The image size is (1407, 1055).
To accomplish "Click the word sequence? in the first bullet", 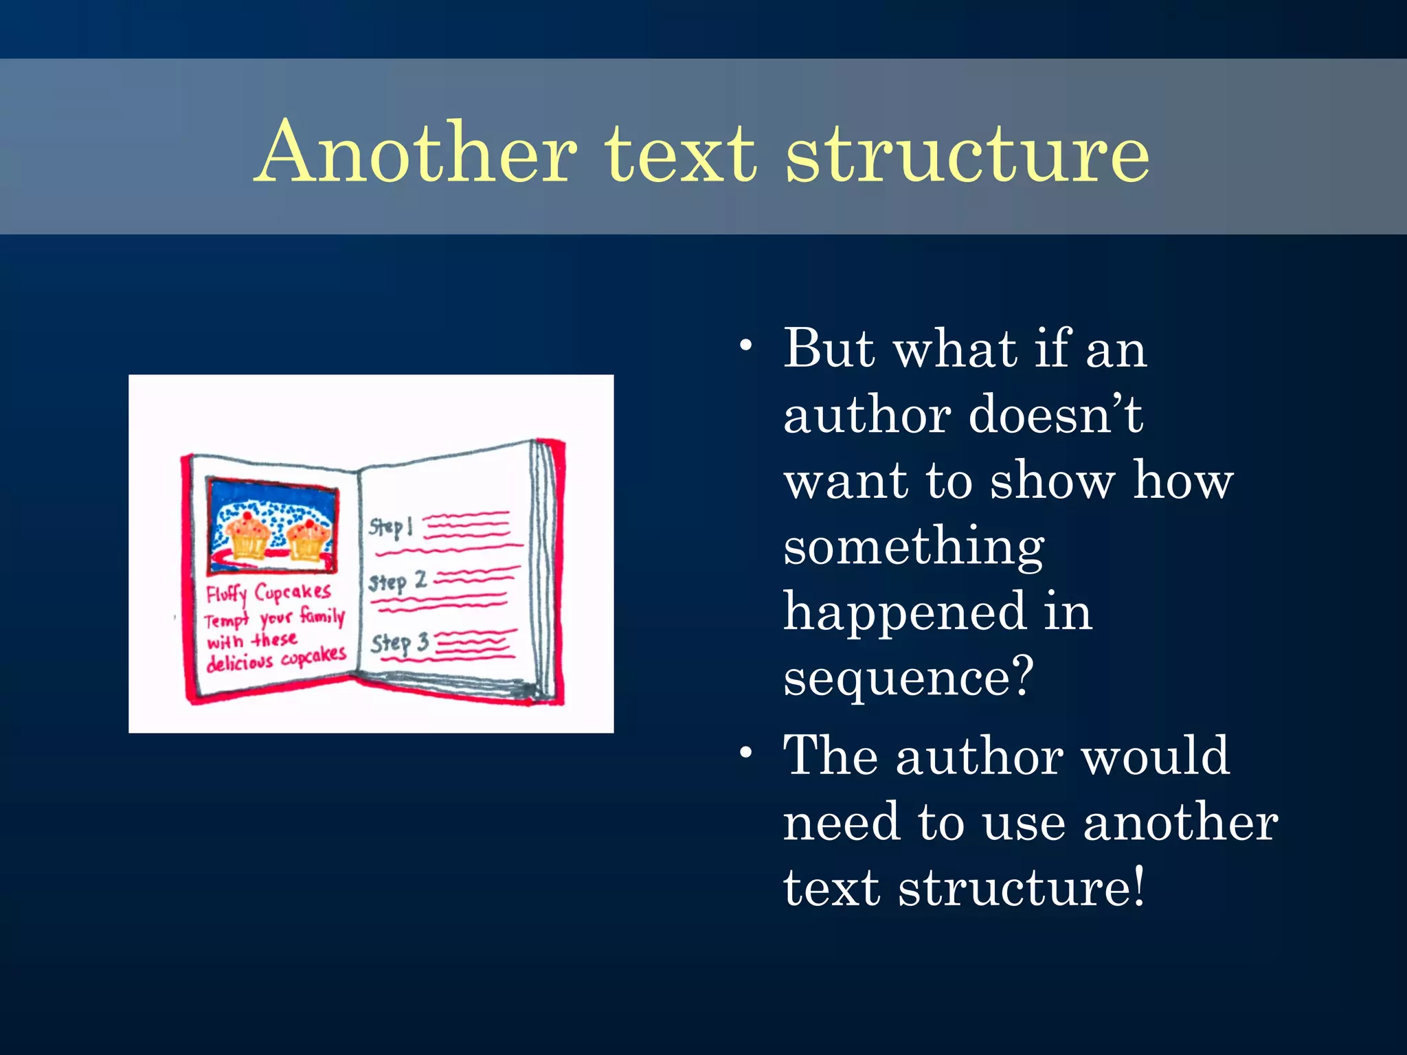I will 908,677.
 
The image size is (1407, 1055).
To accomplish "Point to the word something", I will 914,548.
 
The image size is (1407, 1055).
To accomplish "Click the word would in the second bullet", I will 1156,756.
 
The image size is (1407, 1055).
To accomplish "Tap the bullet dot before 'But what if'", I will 746,345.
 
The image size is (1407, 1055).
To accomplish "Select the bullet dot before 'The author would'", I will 746,753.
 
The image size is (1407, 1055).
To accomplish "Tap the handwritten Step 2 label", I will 397,582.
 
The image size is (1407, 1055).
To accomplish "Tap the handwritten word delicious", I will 240,662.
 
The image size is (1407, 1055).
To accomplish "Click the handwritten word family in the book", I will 322,615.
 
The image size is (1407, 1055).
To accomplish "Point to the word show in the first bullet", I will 1053,481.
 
